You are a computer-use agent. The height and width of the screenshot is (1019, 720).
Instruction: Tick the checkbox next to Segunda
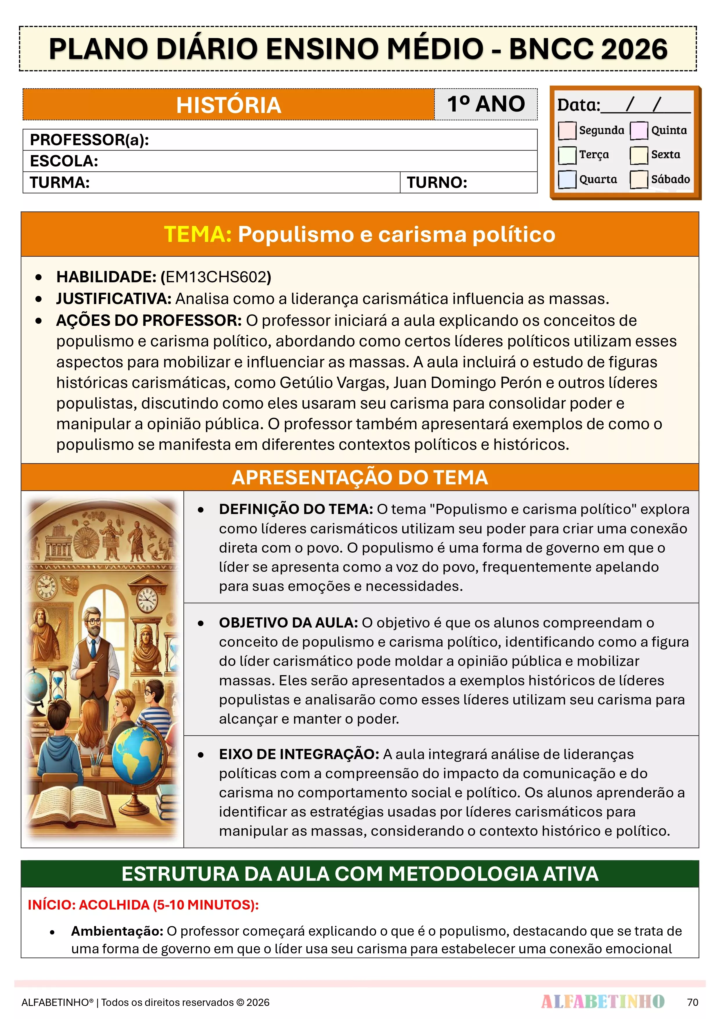coord(567,130)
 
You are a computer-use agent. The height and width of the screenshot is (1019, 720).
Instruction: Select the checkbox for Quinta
coord(639,130)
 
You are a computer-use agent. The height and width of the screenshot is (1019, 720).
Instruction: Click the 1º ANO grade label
coord(486,104)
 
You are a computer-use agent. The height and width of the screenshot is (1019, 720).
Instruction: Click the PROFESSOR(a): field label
coord(89,140)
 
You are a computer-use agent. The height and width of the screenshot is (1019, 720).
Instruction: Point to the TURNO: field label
coord(437,182)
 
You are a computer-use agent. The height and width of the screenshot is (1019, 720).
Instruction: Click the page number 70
coord(692,1002)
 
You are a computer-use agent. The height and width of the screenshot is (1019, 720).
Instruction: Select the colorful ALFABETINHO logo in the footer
coord(603,1002)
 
